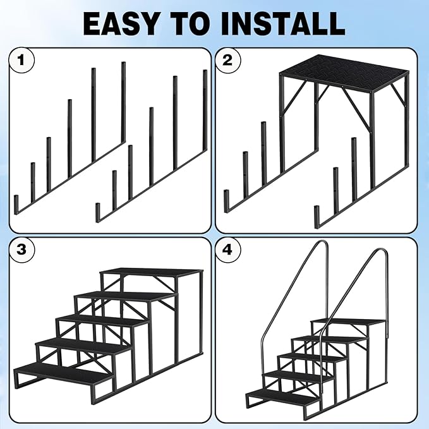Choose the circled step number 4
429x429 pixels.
(227, 250)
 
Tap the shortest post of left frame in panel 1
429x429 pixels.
(16, 203)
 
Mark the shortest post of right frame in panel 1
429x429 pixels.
(98, 211)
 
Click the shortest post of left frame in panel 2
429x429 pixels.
(226, 200)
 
